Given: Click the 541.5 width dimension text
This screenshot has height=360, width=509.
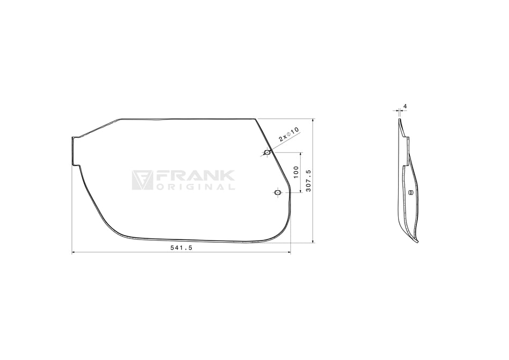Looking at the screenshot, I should pyautogui.click(x=181, y=248).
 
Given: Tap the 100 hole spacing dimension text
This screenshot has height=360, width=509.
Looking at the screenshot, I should pyautogui.click(x=296, y=172).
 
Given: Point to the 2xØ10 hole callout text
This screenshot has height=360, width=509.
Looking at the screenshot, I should pyautogui.click(x=288, y=134).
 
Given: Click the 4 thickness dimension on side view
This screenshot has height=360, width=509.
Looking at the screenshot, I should pyautogui.click(x=405, y=107).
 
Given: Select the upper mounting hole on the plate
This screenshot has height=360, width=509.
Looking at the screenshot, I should pyautogui.click(x=267, y=153).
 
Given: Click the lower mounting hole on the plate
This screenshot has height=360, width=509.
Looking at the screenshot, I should pyautogui.click(x=277, y=192).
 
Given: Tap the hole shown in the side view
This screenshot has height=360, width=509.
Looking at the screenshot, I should pyautogui.click(x=410, y=192).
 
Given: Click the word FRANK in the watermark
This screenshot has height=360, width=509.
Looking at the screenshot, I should pyautogui.click(x=195, y=176).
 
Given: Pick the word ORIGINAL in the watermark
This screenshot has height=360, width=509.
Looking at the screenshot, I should pyautogui.click(x=195, y=187).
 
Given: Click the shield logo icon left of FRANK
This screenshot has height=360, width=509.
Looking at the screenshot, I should pyautogui.click(x=142, y=181).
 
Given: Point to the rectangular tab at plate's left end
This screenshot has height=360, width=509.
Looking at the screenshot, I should pyautogui.click(x=75, y=151).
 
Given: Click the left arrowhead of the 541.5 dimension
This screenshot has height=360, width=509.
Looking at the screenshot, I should pyautogui.click(x=73, y=252).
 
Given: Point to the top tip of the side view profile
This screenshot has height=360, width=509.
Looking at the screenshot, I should pyautogui.click(x=399, y=119).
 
